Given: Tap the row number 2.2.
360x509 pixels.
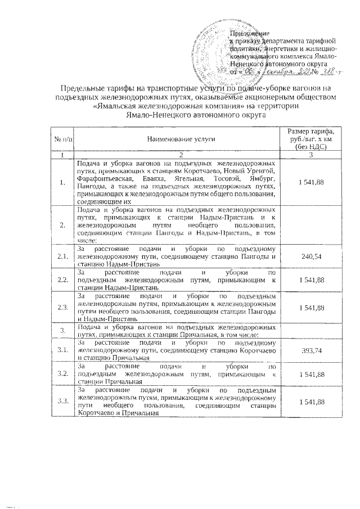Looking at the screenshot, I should pyautogui.click(x=62, y=280).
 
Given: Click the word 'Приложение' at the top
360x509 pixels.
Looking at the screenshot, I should pyautogui.click(x=251, y=34).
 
